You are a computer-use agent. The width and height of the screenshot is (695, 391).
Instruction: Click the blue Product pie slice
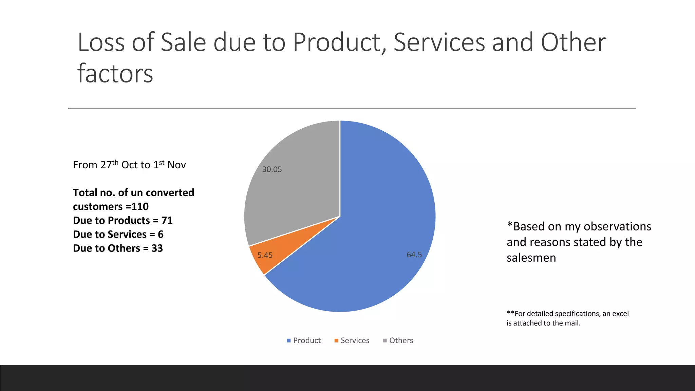coord(373,221)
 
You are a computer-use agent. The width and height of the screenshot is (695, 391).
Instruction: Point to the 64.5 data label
coord(414,255)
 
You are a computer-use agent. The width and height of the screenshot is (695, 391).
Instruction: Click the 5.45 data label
coord(265,255)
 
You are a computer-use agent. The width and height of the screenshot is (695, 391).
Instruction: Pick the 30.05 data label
coord(272,169)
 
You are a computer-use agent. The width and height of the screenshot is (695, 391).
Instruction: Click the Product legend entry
coord(304,340)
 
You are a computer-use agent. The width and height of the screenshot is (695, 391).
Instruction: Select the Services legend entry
coord(352,340)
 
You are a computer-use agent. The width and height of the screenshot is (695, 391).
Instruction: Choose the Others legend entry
coord(398,340)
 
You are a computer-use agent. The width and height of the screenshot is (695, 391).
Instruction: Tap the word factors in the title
coord(115,74)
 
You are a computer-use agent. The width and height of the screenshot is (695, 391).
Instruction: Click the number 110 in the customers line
coord(140,206)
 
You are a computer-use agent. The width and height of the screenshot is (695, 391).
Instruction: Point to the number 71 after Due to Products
coord(167,220)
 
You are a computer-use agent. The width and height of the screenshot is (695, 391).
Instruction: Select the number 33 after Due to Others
coord(157,248)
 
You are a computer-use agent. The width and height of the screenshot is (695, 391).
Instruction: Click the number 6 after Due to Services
coord(161,234)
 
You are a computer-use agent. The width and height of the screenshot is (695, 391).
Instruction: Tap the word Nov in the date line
coord(176,165)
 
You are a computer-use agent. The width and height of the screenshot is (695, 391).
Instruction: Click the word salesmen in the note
coord(531,258)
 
